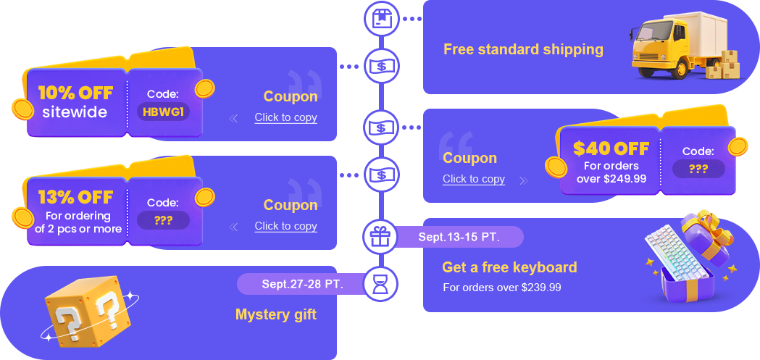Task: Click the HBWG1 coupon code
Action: pos(163,112)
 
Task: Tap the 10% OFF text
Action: pos(75,93)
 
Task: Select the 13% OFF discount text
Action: pos(75,197)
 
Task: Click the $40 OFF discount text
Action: pos(611,148)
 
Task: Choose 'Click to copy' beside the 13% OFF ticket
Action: pos(285,226)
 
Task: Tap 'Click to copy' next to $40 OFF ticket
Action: pos(474,179)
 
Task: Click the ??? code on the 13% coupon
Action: pos(163,220)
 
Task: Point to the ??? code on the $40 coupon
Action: pos(698,169)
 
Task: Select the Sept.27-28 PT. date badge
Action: pos(302,284)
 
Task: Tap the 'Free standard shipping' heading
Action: pos(523,49)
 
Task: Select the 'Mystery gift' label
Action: pos(275,314)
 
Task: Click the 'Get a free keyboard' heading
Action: pos(509,267)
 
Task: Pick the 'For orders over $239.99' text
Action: pos(502,288)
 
